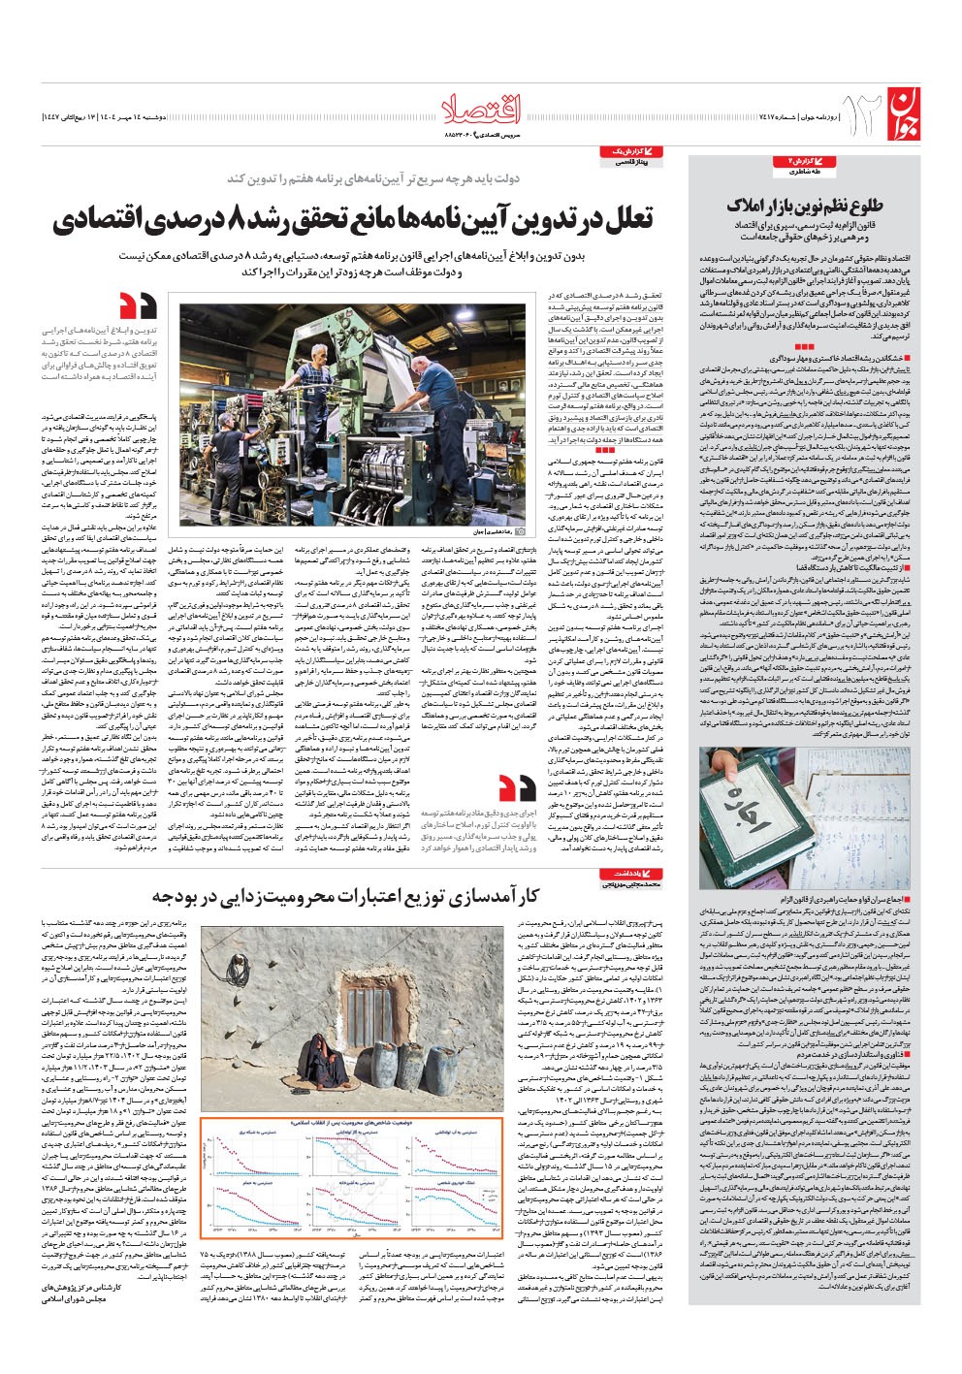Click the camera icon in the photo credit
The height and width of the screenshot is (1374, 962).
pos(521,531)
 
